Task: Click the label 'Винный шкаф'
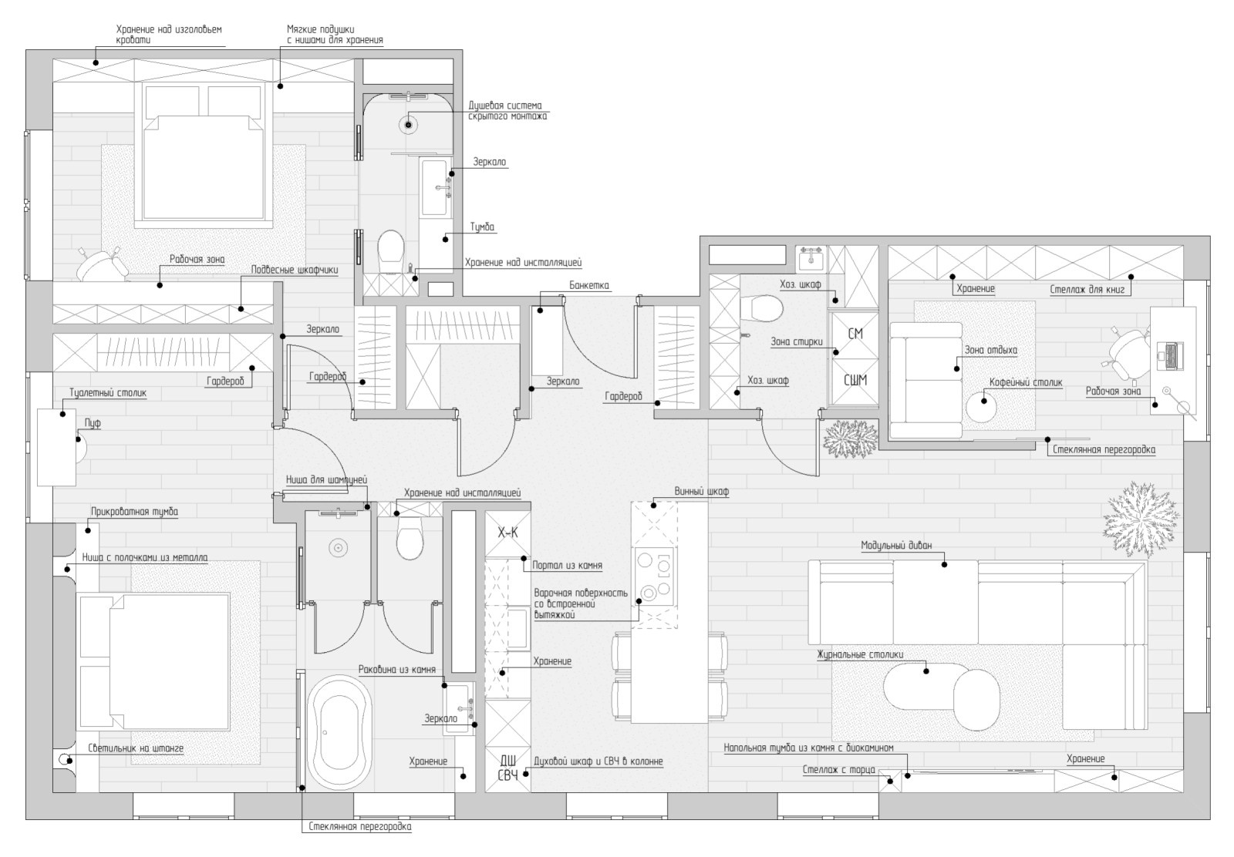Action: point(701,492)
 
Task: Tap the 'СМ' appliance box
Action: point(855,334)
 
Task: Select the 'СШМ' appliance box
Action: point(855,381)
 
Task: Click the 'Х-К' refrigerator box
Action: point(507,533)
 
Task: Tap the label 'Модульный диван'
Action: point(896,546)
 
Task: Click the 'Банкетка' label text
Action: point(589,286)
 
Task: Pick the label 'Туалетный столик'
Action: point(108,393)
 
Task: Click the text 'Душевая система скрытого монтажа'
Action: point(507,111)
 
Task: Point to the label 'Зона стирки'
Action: point(796,342)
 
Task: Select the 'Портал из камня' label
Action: point(567,565)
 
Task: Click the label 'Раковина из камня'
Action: point(396,670)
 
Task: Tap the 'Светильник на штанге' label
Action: point(136,748)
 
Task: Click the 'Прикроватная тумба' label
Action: point(134,512)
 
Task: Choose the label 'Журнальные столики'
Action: point(860,655)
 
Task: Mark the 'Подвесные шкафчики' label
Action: point(294,271)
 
